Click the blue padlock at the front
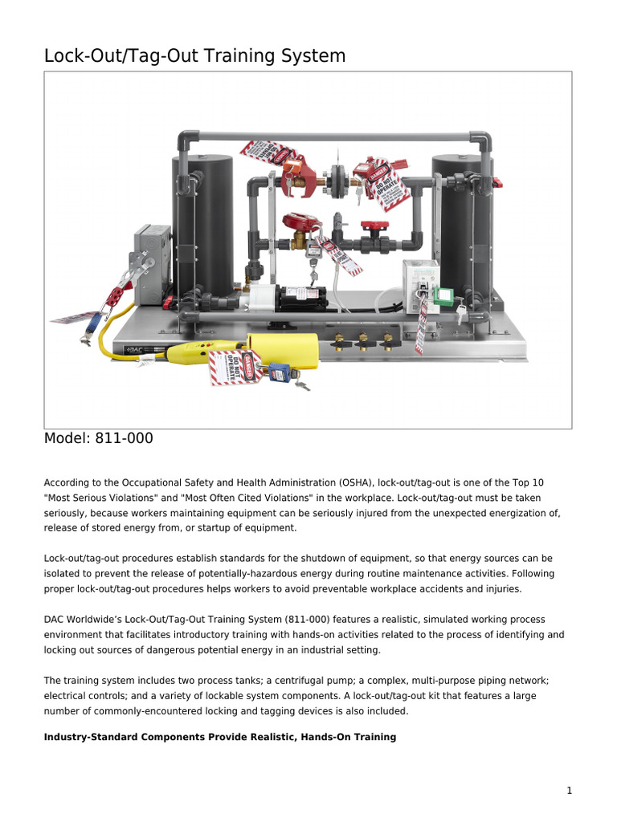pyautogui.click(x=279, y=372)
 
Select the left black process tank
pyautogui.click(x=202, y=225)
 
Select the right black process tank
pyautogui.click(x=463, y=225)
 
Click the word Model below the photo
pyautogui.click(x=67, y=439)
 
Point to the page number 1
pyautogui.click(x=569, y=791)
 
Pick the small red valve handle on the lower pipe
pyautogui.click(x=372, y=226)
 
